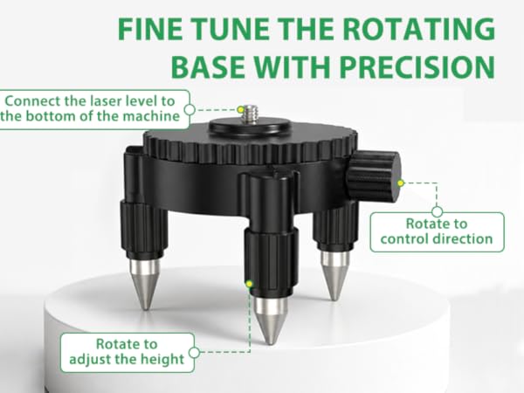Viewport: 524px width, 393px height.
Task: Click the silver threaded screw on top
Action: tap(249, 114)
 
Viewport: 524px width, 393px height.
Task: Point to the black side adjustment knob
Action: tap(373, 176)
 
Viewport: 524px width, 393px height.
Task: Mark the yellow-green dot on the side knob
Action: tap(401, 183)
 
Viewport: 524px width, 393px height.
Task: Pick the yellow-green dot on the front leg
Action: tap(249, 284)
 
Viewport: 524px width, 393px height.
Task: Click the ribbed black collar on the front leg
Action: tap(271, 260)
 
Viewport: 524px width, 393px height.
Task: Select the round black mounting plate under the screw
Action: tap(249, 127)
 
